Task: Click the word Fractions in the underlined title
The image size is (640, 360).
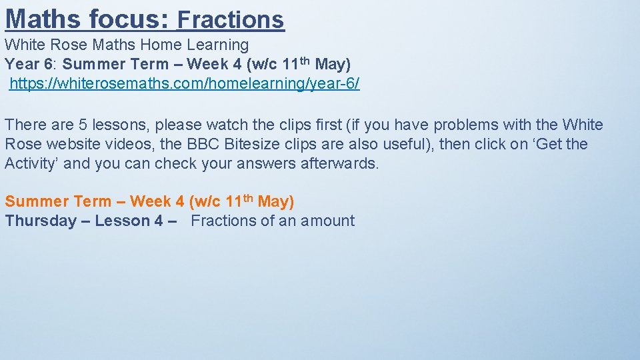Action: click(231, 20)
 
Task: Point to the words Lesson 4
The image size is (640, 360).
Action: click(129, 221)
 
